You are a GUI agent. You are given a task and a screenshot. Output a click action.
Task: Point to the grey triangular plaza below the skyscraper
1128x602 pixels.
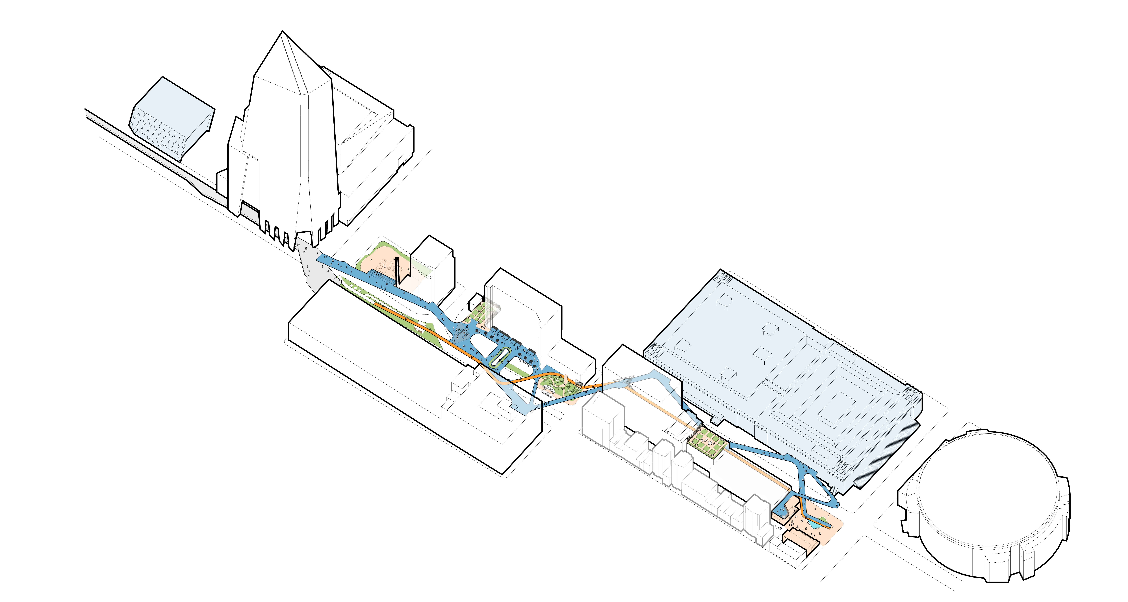point(313,267)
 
